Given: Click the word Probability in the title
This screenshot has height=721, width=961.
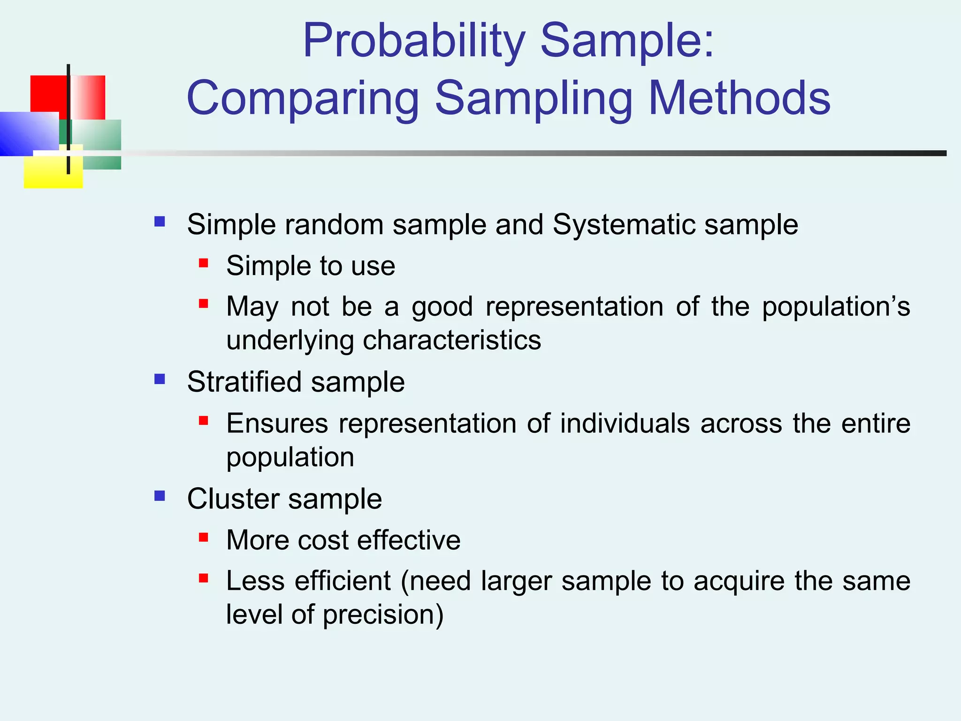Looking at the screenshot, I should [413, 41].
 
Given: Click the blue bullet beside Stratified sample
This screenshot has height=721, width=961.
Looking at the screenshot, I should [160, 379].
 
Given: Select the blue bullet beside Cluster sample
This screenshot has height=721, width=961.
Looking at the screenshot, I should [160, 496].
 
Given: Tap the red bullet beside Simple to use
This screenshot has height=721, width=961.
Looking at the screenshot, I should [203, 263].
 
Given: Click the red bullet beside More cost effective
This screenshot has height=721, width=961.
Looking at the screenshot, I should [203, 537].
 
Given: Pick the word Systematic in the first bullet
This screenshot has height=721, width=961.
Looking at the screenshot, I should [624, 224].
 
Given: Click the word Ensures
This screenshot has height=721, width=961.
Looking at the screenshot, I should [277, 423].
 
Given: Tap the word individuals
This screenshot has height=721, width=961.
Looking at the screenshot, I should [625, 423].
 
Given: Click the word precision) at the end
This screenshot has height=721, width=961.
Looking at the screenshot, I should [383, 615].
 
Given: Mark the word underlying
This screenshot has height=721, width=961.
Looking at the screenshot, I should [290, 341].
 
